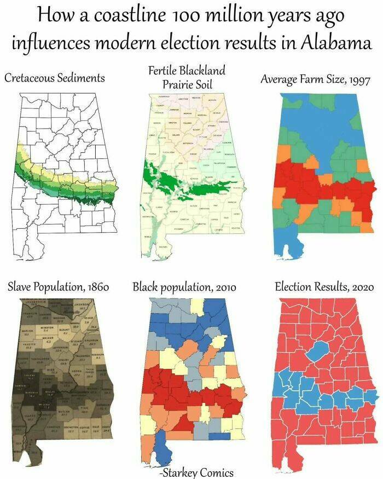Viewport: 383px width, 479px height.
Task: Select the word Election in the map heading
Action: pos(295,287)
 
